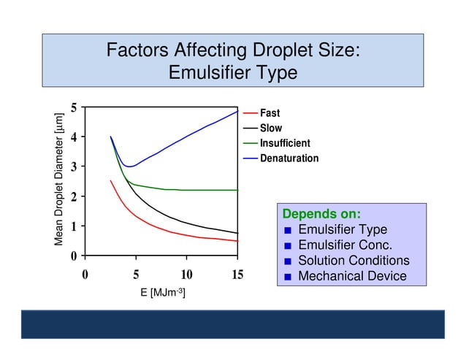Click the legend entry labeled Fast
270,113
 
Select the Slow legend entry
270,128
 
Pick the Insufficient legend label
285,143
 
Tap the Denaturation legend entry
289,158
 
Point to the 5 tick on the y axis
73,107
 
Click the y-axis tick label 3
73,167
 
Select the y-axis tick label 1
73,226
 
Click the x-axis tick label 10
186,275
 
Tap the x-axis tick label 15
237,275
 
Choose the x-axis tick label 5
136,275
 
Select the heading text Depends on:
321,214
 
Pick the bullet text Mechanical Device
352,276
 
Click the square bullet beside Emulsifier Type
288,231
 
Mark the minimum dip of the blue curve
129,166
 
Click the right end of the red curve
237,241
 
